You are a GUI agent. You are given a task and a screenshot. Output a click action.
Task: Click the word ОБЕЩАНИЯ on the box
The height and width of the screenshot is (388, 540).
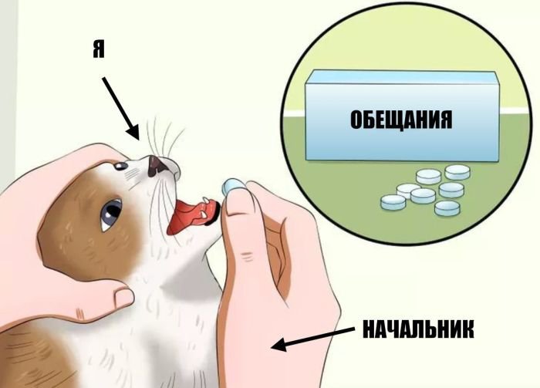[x=401, y=120]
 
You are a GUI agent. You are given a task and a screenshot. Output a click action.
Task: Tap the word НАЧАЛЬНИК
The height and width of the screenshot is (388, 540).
[x=418, y=329]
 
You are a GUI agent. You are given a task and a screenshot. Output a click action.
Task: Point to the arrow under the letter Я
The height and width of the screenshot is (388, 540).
[x=120, y=108]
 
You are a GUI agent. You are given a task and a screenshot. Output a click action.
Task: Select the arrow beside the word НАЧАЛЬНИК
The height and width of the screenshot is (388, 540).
[x=312, y=339]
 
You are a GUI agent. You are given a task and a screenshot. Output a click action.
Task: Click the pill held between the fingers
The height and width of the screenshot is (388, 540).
[x=232, y=186]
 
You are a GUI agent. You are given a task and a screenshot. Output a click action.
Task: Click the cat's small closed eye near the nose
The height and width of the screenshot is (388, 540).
[x=120, y=166]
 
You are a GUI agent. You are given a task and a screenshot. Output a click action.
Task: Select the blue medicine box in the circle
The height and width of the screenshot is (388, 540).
[x=402, y=116]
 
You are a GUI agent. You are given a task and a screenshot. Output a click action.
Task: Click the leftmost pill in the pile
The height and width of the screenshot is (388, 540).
[x=393, y=202]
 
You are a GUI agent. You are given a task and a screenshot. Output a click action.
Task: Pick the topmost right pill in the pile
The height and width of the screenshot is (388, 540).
[x=457, y=172]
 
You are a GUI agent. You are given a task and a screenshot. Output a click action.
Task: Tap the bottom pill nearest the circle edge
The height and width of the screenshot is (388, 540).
[x=447, y=208]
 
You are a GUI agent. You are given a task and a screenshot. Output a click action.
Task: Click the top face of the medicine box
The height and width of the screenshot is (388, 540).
[x=403, y=77]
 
